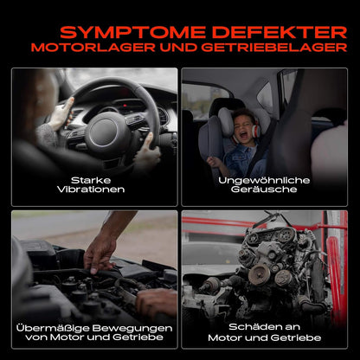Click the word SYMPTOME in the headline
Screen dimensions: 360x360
132,33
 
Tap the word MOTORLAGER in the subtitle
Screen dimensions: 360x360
93,48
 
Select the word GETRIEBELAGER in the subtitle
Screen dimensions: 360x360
274,48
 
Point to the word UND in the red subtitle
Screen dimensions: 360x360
178,48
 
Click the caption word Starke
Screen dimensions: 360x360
91,181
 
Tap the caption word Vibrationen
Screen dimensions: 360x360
91,190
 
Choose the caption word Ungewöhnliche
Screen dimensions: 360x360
264,181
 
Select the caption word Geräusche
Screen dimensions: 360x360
264,190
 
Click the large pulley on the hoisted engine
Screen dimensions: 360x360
260,274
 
